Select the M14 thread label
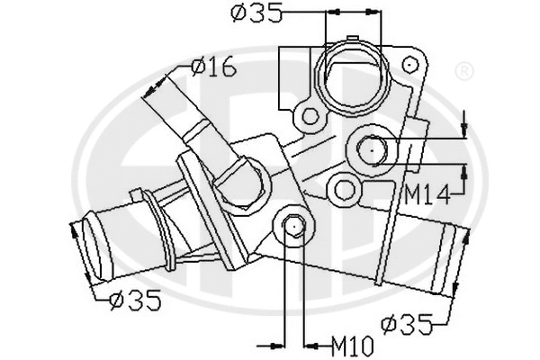pos(427,192)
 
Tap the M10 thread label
pos(351,343)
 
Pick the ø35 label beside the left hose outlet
pos(135,300)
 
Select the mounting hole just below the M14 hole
pos(342,188)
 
